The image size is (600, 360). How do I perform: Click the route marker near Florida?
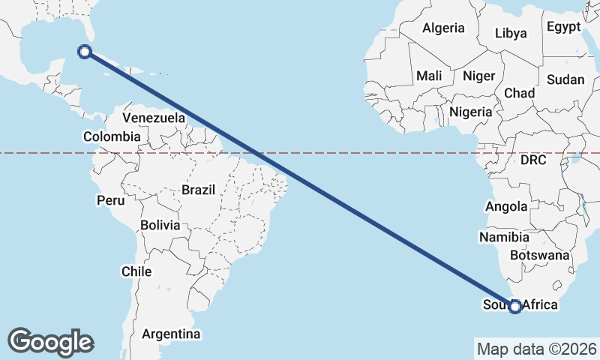pyautogui.click(x=85, y=51)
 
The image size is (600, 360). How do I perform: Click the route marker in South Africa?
pyautogui.click(x=515, y=306)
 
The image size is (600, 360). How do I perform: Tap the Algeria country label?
pyautogui.click(x=443, y=28)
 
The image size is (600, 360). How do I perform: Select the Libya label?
pyautogui.click(x=511, y=33)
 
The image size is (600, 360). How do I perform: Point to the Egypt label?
pyautogui.click(x=563, y=27)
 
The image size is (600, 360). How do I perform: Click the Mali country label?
pyautogui.click(x=429, y=76)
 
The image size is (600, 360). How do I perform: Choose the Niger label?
pyautogui.click(x=478, y=76)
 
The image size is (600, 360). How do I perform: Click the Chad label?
pyautogui.click(x=519, y=93)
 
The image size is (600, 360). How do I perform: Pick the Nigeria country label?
pyautogui.click(x=470, y=112)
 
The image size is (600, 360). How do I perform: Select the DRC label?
pyautogui.click(x=532, y=160)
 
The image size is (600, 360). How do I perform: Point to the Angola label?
pyautogui.click(x=506, y=207)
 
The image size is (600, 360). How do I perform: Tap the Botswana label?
pyautogui.click(x=539, y=255)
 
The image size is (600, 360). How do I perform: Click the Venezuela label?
pyautogui.click(x=154, y=118)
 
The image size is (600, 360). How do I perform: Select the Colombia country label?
pyautogui.click(x=111, y=136)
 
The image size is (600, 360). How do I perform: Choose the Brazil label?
pyautogui.click(x=198, y=190)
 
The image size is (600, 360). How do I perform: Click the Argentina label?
pyautogui.click(x=171, y=334)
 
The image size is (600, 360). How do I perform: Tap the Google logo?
pyautogui.click(x=50, y=341)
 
